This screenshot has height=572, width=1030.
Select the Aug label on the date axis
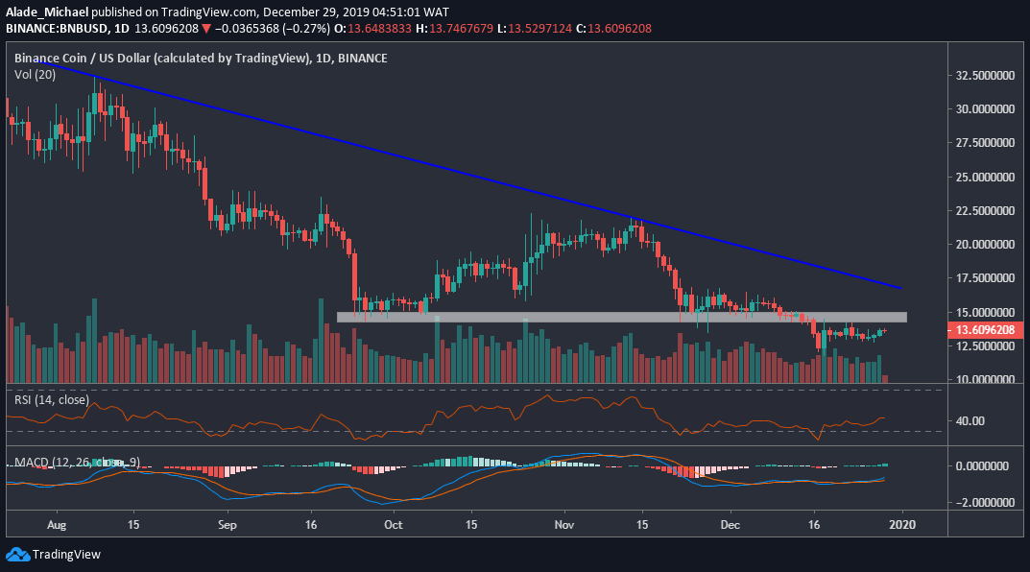56,526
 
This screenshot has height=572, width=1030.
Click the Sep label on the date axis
227,526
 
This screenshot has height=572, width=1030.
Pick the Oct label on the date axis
393,526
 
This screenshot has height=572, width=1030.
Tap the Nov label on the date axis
564,526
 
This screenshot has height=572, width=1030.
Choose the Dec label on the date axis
731,526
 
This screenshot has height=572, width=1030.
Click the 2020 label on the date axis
901,526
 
